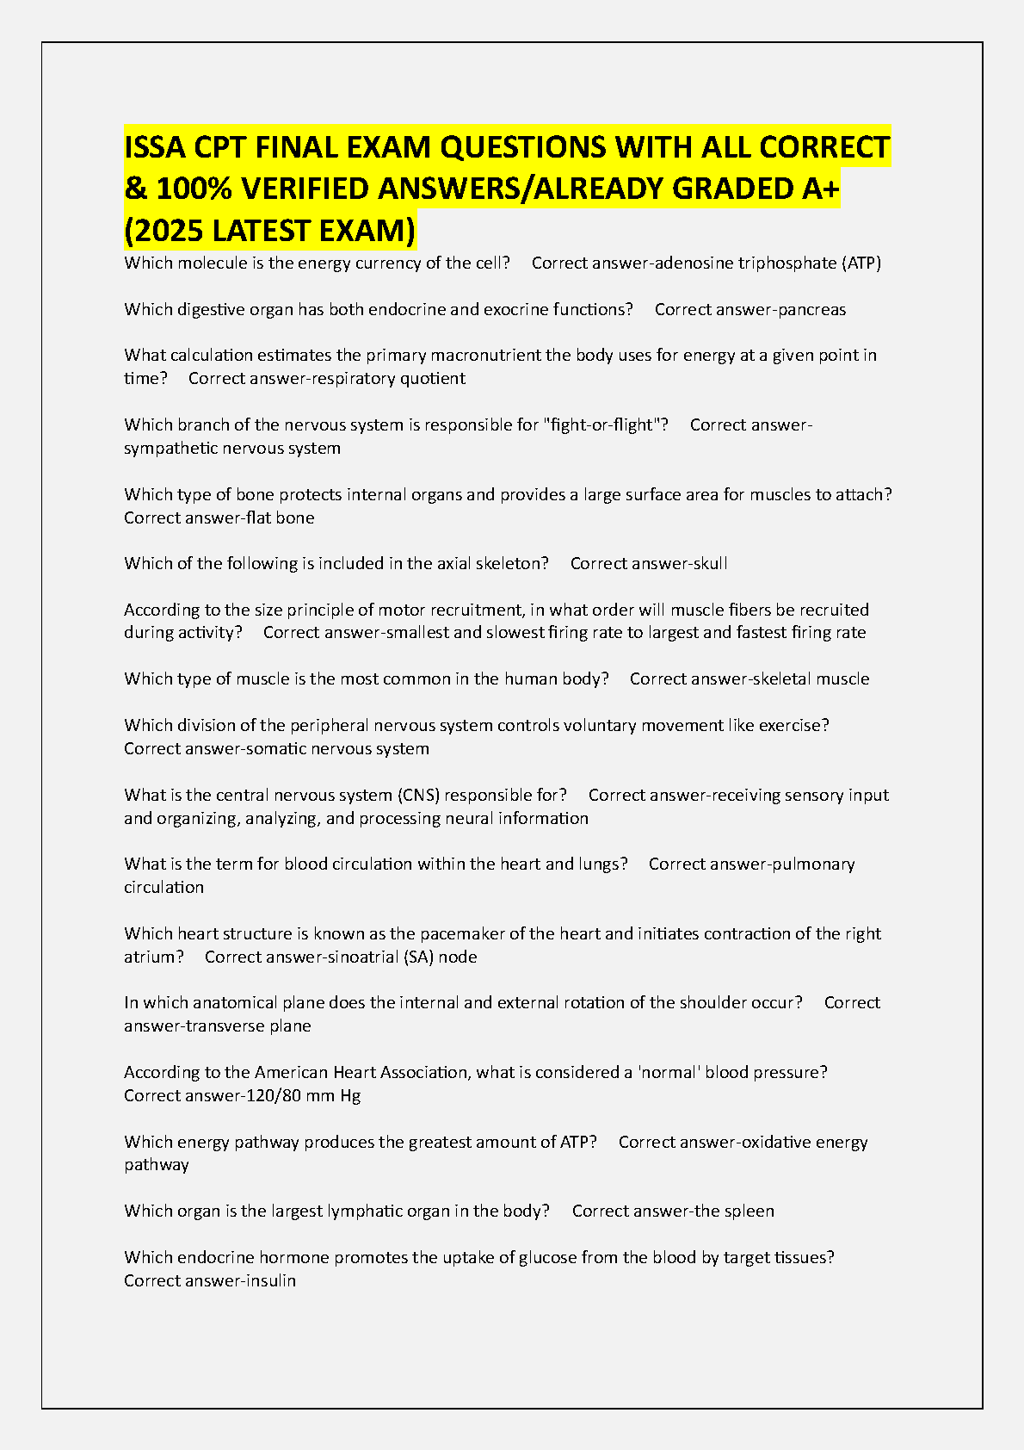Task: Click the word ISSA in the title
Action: [x=155, y=147]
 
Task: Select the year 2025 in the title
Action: [x=169, y=231]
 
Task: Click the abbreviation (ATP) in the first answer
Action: [x=861, y=263]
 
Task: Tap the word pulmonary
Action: [x=812, y=864]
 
